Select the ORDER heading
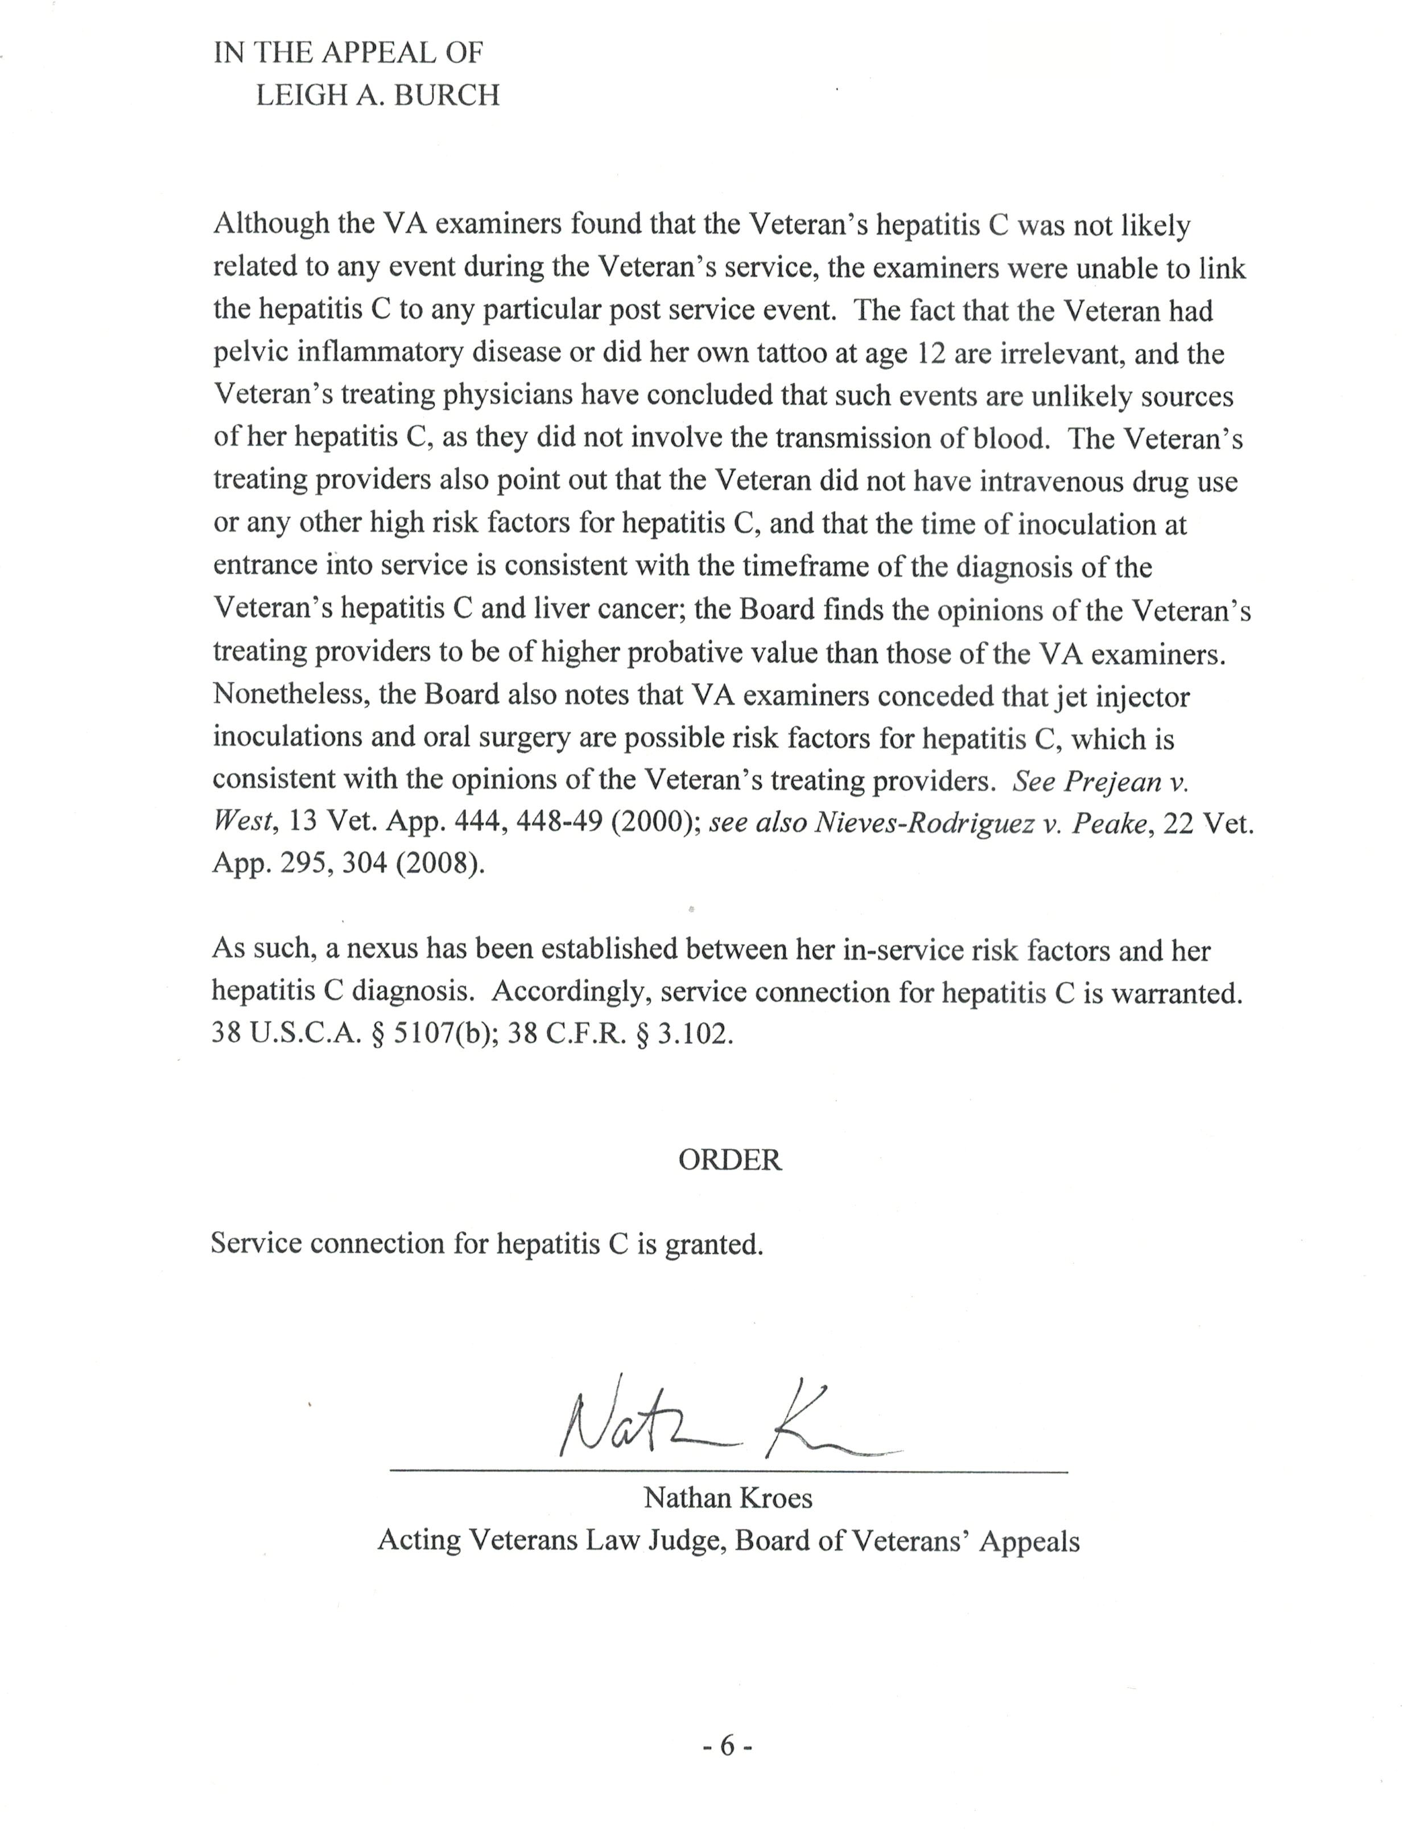click(x=729, y=1159)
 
